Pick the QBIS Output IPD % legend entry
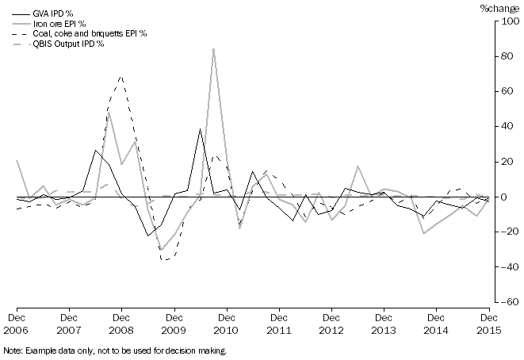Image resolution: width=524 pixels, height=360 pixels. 67,44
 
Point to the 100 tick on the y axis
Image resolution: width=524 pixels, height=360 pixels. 508,21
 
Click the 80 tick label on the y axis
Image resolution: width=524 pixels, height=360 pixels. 510,56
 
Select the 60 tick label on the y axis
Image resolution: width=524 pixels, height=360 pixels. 510,91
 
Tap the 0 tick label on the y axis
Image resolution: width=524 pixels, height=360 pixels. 512,197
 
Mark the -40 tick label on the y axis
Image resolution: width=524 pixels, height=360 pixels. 508,266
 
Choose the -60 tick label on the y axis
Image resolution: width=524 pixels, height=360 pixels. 508,301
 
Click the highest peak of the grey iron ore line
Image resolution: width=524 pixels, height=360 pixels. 213,49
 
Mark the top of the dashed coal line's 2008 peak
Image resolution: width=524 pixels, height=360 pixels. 121,76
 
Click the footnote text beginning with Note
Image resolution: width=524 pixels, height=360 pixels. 116,350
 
